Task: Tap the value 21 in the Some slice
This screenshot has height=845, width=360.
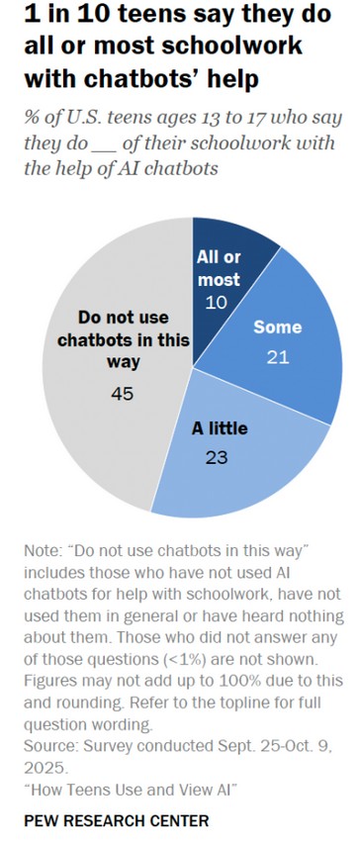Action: [277, 355]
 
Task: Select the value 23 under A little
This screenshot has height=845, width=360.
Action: [219, 458]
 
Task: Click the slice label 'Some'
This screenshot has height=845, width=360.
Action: [277, 327]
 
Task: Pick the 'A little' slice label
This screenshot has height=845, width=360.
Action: [219, 429]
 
